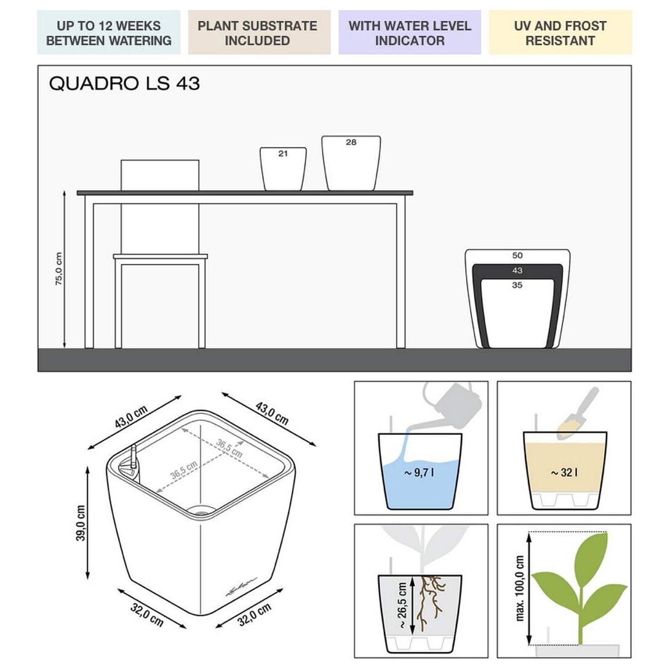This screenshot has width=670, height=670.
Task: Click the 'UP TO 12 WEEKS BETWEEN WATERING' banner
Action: (108, 33)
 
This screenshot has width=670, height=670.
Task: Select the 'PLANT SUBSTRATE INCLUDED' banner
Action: (260, 33)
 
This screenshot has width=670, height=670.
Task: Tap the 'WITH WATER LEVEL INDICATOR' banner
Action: (410, 33)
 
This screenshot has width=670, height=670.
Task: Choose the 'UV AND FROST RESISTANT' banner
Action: (560, 33)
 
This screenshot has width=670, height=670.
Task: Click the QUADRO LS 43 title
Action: (124, 83)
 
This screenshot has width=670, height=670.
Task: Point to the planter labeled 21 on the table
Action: (283, 169)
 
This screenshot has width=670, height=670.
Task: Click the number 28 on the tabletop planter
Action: (351, 142)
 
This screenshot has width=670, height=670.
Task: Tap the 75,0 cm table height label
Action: (59, 269)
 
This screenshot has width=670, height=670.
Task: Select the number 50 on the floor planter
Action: (517, 255)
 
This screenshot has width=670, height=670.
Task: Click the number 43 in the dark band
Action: (517, 271)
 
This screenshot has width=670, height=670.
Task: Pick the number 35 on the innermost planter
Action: (517, 285)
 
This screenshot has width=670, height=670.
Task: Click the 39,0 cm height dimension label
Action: (81, 523)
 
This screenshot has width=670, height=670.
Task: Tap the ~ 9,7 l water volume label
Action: (419, 473)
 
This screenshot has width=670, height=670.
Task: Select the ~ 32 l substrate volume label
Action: (564, 473)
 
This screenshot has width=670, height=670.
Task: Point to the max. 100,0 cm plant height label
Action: (520, 588)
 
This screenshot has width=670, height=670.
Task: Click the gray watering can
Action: (449, 407)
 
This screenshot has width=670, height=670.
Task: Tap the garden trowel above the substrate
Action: (578, 413)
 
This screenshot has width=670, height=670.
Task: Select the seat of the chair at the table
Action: (160, 257)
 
